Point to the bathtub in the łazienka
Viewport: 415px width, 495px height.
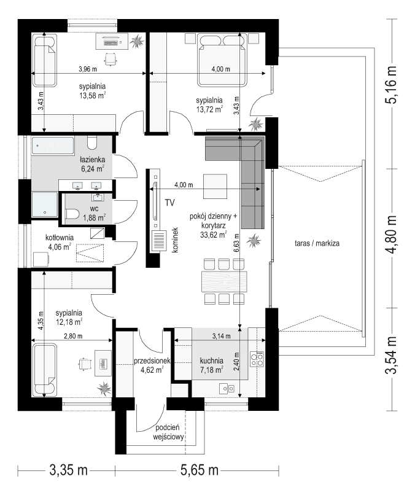coord(53,146)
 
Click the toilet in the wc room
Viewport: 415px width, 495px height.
coord(72,214)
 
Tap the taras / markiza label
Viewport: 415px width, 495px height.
coord(317,243)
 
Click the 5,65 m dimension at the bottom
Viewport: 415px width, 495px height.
coord(199,472)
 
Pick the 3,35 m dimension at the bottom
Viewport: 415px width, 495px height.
coord(68,472)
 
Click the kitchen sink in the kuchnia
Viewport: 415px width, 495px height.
coord(229,388)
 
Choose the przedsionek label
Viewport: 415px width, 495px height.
coord(152,361)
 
